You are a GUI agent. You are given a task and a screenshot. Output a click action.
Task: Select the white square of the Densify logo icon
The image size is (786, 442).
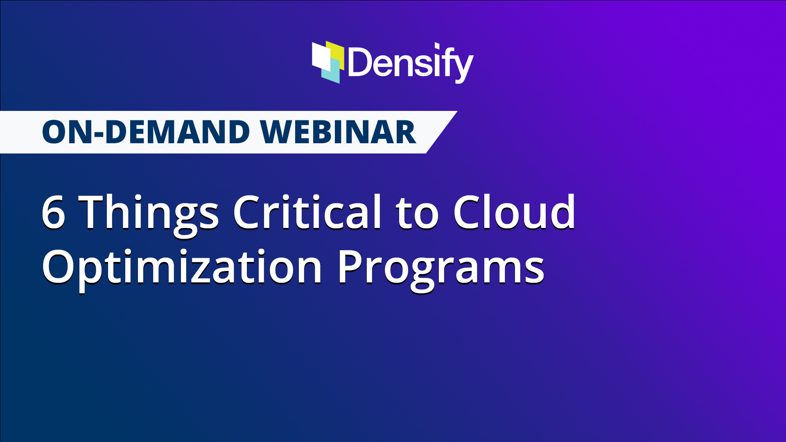point(320,56)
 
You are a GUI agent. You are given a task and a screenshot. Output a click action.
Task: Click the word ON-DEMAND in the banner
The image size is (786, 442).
point(146,133)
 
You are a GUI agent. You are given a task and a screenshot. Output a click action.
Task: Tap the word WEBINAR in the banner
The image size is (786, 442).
point(338,133)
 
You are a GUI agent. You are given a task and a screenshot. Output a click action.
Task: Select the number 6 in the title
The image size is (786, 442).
point(53,212)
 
